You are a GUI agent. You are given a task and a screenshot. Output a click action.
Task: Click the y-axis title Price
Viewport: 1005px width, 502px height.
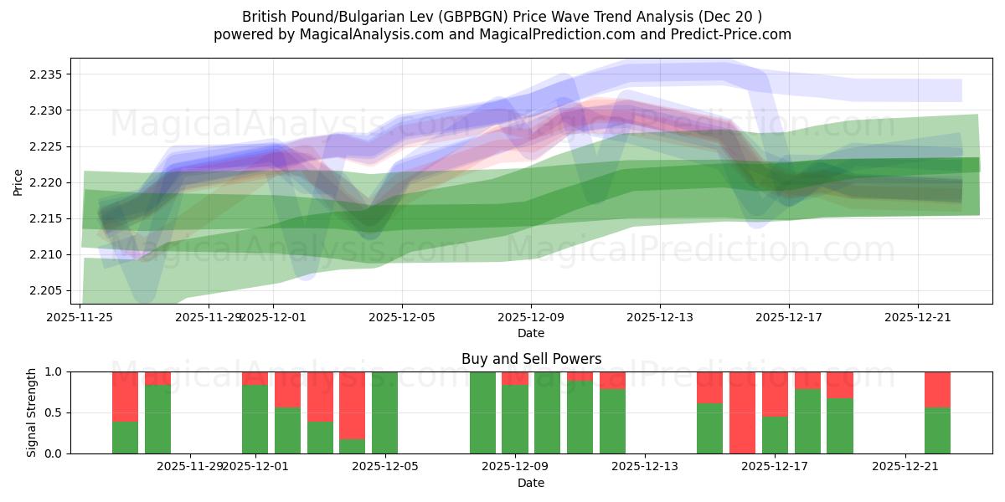point(18,181)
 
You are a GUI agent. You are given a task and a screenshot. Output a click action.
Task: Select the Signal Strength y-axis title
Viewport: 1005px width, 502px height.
point(31,412)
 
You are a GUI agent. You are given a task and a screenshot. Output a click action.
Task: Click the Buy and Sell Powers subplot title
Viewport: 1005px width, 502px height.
point(531,359)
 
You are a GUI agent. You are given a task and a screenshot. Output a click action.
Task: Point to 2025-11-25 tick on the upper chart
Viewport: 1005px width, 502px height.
point(80,316)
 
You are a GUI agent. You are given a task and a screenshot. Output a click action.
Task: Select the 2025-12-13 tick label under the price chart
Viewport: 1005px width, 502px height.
point(660,316)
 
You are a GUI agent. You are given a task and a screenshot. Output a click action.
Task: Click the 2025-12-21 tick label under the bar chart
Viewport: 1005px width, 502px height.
point(906,466)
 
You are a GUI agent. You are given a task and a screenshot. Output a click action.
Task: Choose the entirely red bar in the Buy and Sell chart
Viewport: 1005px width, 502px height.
point(742,412)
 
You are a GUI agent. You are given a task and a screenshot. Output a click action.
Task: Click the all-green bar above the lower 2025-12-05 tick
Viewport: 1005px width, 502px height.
point(384,412)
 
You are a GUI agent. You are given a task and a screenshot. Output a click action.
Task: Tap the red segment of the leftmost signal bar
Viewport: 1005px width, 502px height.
point(125,396)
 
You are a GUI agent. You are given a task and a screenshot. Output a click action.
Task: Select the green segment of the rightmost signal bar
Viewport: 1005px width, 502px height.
point(937,431)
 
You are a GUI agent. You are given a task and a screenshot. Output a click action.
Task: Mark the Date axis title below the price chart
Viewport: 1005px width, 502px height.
point(531,333)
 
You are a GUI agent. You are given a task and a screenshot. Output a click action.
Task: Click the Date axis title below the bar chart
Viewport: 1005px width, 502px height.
point(531,483)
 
